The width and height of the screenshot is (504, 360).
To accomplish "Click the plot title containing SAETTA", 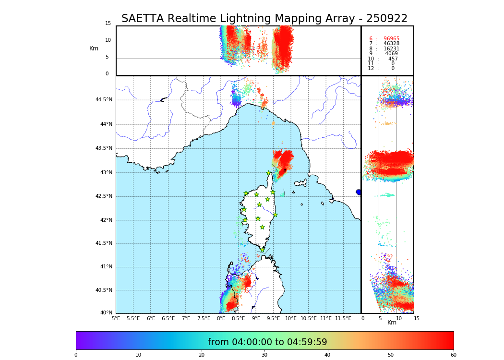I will (264, 19).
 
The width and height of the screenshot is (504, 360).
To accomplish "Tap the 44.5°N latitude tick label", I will (104, 100).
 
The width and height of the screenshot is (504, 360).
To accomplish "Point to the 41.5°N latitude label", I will (104, 243).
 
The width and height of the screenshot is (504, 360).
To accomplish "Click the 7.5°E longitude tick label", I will (204, 318).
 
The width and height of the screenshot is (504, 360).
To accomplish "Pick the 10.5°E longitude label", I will (309, 318).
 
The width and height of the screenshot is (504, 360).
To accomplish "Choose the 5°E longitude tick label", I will (116, 318).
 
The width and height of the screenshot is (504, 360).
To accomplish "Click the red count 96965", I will (391, 39).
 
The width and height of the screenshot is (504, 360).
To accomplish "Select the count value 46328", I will (391, 44).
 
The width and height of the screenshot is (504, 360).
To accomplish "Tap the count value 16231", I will (391, 49).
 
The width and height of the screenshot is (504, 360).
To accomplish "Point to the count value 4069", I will (391, 54).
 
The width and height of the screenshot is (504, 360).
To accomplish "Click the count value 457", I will (393, 59).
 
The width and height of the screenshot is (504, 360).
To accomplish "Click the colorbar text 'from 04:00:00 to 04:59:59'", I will (267, 342).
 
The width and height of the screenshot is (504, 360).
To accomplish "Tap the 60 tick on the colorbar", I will (453, 355).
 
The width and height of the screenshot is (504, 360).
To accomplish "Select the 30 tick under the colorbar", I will (264, 355).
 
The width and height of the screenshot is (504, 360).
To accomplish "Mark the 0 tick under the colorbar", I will (76, 355).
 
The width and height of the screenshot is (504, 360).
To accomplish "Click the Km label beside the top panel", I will (94, 48).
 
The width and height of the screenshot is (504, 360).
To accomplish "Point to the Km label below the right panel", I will (392, 323).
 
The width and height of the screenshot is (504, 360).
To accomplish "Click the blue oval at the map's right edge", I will (359, 192).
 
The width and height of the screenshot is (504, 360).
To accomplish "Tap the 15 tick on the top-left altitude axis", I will (108, 24).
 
